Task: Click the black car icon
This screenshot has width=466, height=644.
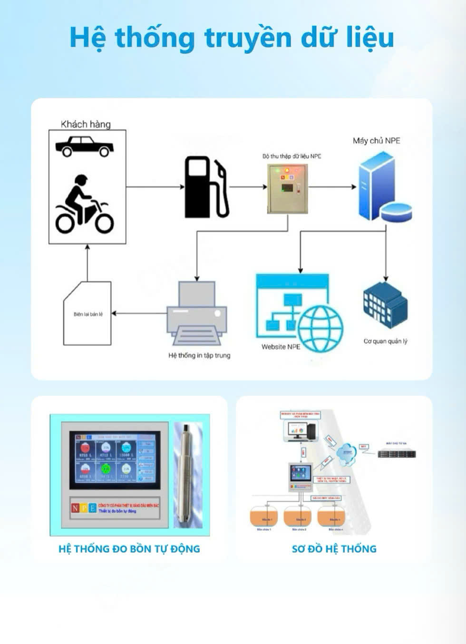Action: point(85,146)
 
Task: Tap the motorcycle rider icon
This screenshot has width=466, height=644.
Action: point(85,205)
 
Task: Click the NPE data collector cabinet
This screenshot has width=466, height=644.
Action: point(287,188)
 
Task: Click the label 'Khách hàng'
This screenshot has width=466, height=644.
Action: point(86,124)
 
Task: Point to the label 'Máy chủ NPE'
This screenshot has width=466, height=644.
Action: point(376,141)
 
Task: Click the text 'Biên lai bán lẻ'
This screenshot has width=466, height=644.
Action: point(88,314)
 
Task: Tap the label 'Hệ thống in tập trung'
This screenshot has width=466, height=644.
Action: point(199,355)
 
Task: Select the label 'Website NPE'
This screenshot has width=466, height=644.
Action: point(281,347)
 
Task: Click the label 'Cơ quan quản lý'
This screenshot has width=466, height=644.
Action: point(385,341)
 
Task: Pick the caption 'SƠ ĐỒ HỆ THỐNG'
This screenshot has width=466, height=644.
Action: point(334,549)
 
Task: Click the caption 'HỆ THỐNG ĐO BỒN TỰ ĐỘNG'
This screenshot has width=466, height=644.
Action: point(129,549)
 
